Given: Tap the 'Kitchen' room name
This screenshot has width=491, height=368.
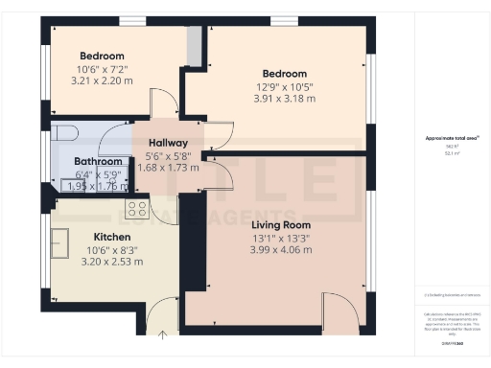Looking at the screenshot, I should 111,237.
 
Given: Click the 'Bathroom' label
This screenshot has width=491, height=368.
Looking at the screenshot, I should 98,162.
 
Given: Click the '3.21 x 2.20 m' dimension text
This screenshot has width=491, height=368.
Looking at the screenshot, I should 104,81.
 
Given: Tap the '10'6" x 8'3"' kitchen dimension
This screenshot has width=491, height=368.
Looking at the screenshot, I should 112,249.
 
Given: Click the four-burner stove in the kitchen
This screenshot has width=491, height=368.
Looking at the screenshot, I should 137,207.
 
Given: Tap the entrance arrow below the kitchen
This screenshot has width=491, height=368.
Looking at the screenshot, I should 162,335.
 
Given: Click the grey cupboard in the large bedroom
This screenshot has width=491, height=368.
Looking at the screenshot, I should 194,44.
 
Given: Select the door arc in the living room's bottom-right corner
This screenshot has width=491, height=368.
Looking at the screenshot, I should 338,311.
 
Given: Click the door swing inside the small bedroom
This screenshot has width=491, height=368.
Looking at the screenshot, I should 164,102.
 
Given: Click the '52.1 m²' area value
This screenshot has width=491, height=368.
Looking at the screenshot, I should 450,151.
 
